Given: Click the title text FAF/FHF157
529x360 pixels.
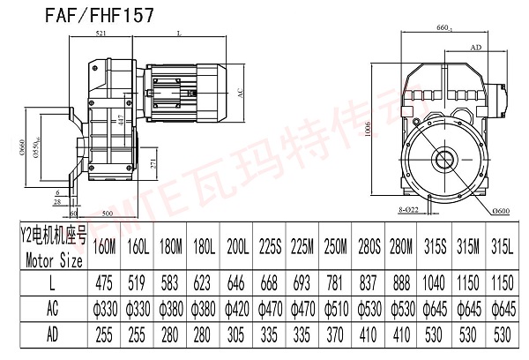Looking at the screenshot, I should pyautogui.click(x=105, y=15).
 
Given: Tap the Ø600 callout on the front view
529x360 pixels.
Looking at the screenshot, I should pyautogui.click(x=503, y=209).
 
